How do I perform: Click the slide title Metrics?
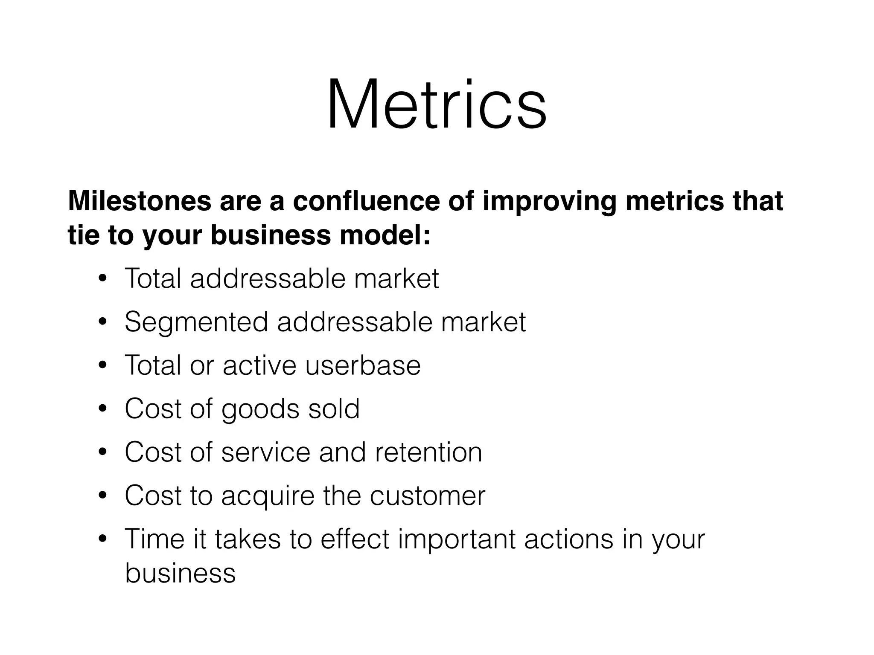436,104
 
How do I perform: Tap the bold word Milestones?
139,201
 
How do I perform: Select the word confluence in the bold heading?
366,201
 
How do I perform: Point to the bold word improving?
549,201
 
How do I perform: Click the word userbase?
363,365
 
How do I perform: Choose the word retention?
428,452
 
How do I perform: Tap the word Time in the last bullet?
155,539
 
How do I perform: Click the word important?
457,539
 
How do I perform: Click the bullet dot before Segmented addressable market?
102,322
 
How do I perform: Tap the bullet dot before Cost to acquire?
102,496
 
